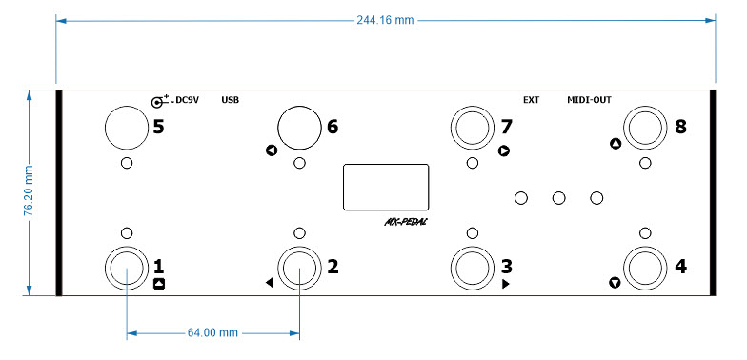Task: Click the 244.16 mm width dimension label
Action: (385, 20)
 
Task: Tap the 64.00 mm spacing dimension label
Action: (212, 332)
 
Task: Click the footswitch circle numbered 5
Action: (126, 128)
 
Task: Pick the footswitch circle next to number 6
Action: (299, 128)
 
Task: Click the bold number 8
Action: (680, 127)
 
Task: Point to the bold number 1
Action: (159, 267)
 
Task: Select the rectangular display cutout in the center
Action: (386, 187)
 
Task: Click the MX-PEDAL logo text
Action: (406, 221)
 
